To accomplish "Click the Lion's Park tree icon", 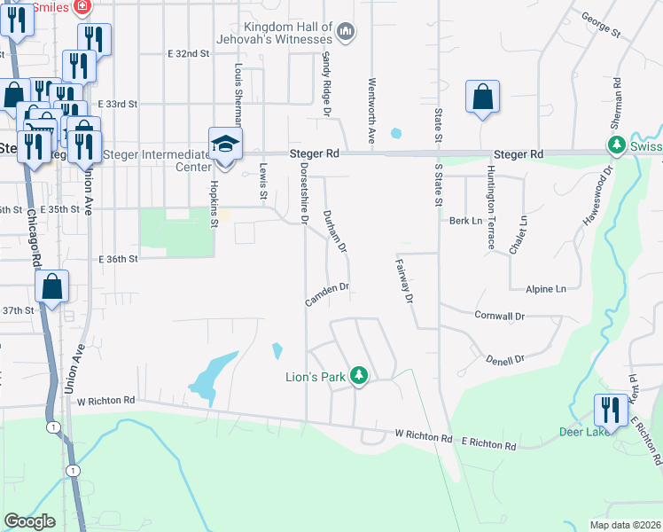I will tap(358, 377).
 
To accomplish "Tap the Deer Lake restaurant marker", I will tap(610, 410).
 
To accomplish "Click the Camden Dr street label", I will tap(328, 294).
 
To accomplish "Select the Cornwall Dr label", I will tap(500, 316).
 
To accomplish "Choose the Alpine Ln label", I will tap(545, 289).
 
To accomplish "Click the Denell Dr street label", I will tap(505, 359).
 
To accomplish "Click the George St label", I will tap(600, 25).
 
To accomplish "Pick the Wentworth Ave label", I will tap(372, 112).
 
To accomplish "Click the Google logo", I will tap(29, 521).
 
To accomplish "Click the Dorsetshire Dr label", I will tap(304, 191).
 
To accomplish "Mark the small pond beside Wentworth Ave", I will tap(395, 134).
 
